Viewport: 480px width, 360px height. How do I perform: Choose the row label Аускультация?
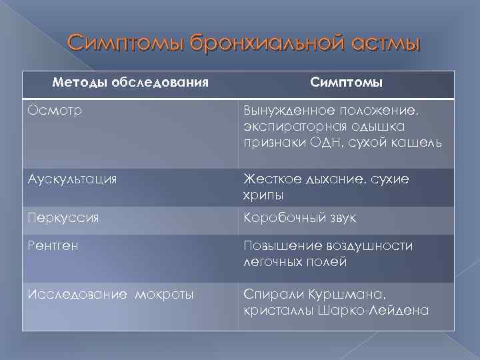(73, 179)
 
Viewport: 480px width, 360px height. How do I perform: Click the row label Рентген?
(53, 246)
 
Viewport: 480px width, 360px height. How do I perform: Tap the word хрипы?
(263, 195)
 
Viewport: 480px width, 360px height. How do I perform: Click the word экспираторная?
(291, 126)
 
